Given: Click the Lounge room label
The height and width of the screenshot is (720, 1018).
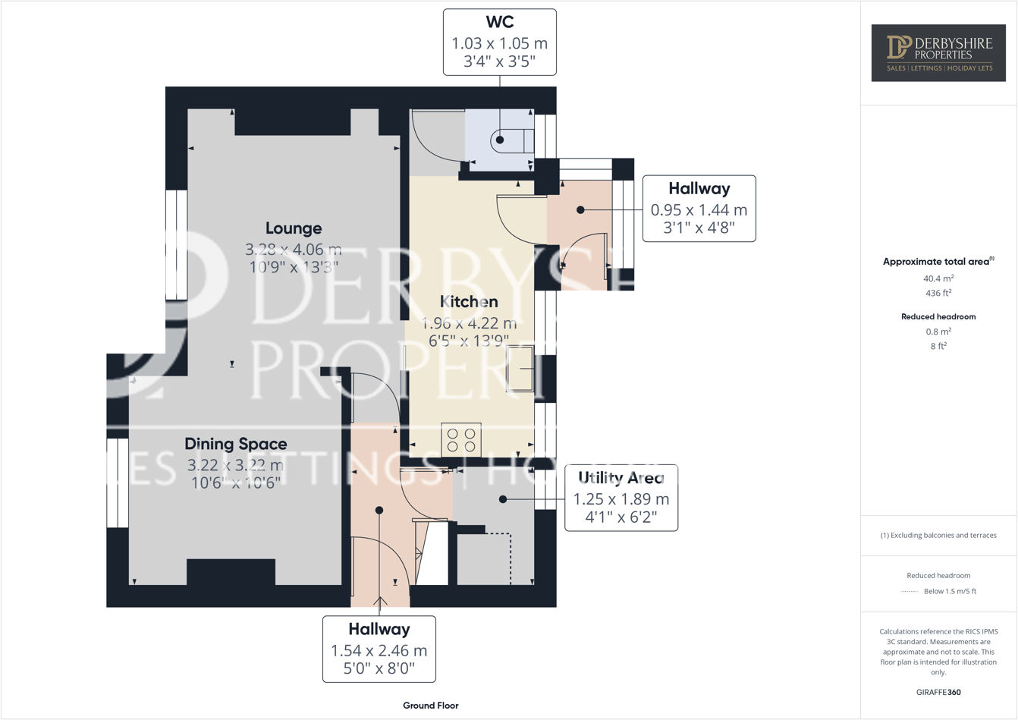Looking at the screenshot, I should point(294,228).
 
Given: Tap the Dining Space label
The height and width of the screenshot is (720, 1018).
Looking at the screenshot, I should point(236,444).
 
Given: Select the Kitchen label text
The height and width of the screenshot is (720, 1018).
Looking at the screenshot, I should point(469,302).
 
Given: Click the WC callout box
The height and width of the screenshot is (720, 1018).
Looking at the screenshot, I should point(499,42).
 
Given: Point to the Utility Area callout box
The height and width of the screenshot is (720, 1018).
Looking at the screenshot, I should point(621,498).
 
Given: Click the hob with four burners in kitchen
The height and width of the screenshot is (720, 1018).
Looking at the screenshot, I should point(461,440).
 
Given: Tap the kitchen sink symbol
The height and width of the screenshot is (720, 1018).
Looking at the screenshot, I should point(520,368).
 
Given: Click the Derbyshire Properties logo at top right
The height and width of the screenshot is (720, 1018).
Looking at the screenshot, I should point(938,52).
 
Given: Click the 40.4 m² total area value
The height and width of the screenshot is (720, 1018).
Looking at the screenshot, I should point(938,278).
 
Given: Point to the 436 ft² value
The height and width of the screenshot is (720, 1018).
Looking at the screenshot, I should point(938,293).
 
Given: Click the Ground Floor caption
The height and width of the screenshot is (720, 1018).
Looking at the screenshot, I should point(430,706).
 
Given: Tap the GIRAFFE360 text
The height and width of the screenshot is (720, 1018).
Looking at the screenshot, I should point(938,692).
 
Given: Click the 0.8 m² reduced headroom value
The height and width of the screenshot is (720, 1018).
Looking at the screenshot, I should point(938,332).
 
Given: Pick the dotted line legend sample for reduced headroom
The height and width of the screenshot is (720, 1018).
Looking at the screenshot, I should point(909,592).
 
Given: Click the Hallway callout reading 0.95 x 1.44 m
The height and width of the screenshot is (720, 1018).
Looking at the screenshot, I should point(699,209).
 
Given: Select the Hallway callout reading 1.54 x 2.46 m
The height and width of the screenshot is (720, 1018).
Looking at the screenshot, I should point(379,649).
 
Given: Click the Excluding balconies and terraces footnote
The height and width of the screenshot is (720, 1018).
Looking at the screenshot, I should point(938,535).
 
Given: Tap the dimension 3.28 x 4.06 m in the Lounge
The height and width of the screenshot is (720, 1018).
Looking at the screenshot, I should point(294,249).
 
